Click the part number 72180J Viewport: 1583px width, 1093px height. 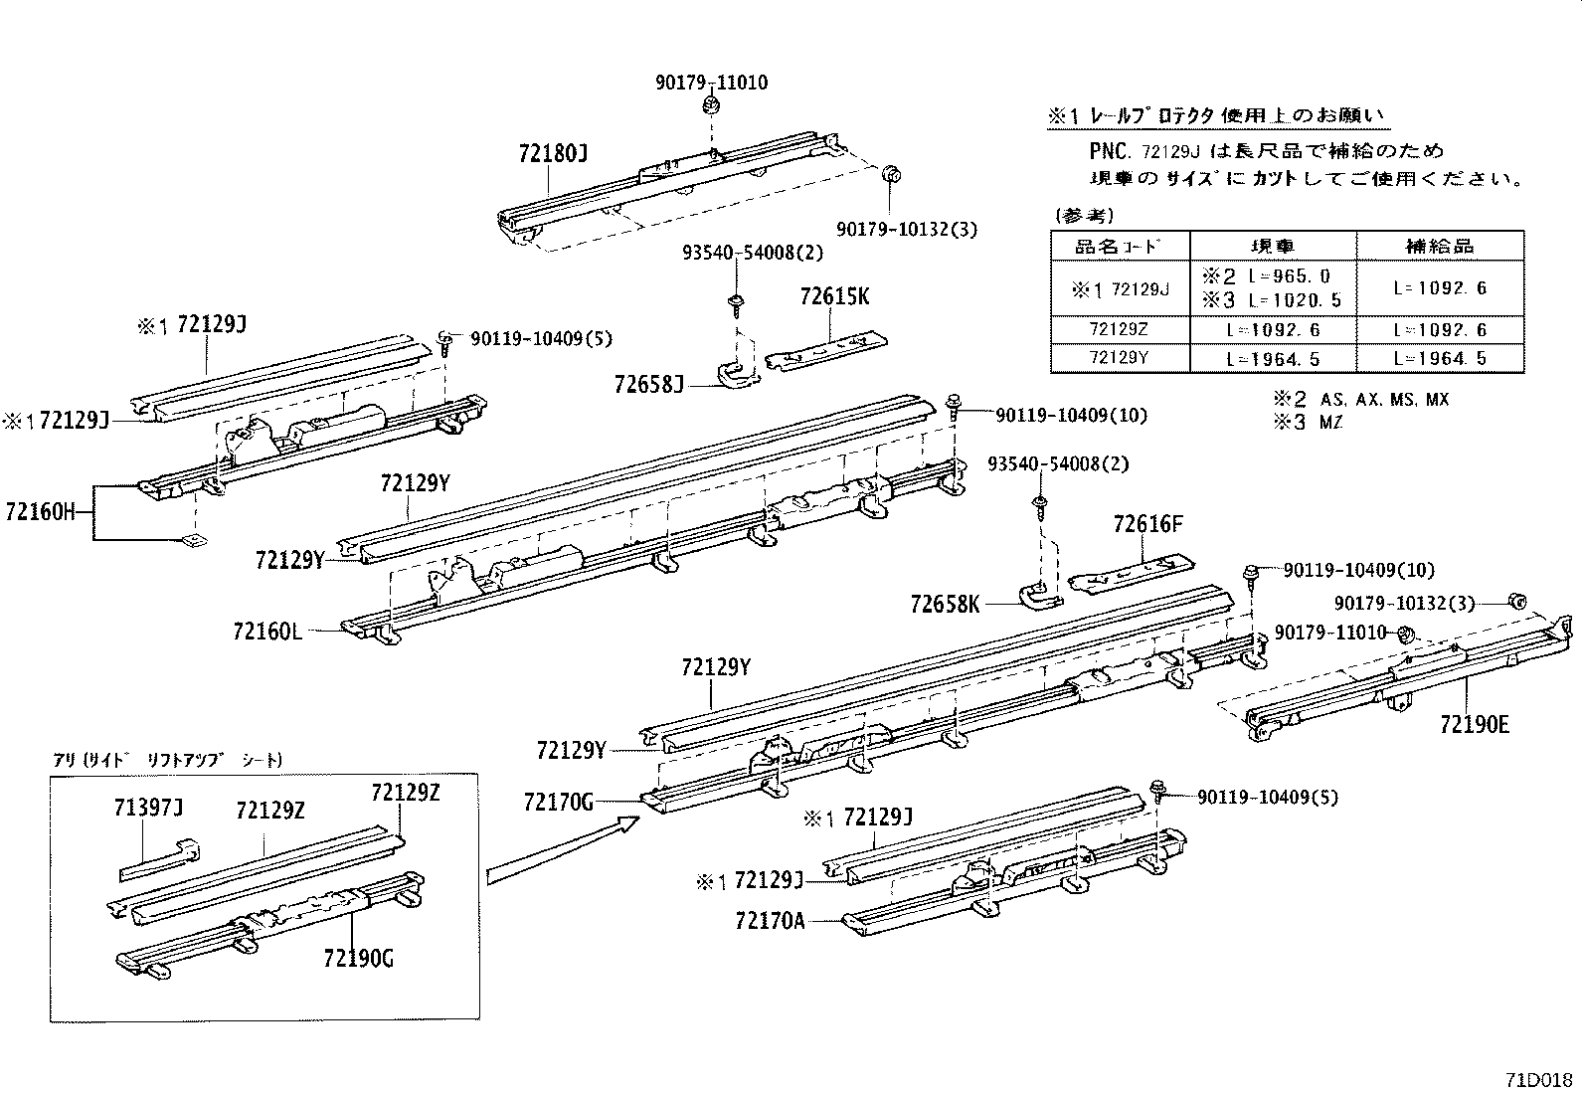pos(553,154)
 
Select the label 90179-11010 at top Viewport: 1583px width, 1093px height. pos(711,84)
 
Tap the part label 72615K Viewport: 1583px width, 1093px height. pos(834,296)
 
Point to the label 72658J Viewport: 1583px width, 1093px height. pos(649,384)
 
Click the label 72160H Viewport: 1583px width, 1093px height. pos(40,512)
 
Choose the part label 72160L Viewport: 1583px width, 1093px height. pos(267,631)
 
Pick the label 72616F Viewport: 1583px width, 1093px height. pos(1148,524)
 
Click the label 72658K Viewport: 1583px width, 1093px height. pos(945,604)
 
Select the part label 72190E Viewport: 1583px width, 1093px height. pos(1474,724)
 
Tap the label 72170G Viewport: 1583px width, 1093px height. pos(559,800)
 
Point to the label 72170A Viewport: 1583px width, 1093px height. pos(770,921)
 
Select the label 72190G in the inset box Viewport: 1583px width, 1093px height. pos(358,958)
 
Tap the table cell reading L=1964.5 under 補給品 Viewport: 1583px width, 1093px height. pos(1440,358)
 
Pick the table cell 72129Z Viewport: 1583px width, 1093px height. pos(1121,329)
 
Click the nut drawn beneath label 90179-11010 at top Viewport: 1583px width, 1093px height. pos(711,106)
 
